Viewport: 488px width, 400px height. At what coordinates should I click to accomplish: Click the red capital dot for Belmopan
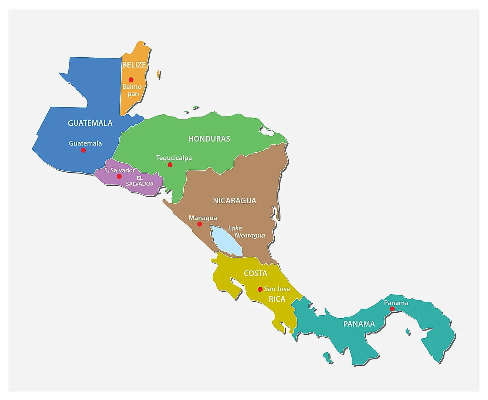point(131,79)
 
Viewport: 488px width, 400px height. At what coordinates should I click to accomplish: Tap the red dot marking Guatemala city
point(83,150)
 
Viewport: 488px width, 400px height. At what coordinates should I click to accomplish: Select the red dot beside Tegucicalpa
point(170,165)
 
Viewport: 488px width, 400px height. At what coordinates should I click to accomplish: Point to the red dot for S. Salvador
point(119,176)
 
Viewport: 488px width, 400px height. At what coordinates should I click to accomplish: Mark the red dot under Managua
point(200,224)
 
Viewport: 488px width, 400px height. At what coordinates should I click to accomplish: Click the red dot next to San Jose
point(260,289)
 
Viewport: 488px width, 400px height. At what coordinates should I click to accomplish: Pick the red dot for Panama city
point(392,309)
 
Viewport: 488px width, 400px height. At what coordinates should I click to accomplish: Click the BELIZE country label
point(134,65)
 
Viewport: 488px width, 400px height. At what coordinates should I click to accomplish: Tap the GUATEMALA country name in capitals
point(90,123)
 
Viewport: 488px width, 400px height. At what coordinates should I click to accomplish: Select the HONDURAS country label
point(209,139)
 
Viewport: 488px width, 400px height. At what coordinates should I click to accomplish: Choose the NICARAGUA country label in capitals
point(234,200)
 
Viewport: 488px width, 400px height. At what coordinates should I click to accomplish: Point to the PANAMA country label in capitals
point(359,324)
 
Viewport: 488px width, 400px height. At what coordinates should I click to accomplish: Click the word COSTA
point(255,273)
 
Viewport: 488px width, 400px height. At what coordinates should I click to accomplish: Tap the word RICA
point(277,299)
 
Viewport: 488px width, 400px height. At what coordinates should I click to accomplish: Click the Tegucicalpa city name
point(174,158)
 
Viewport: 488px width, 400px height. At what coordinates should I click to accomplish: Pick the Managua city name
point(203,218)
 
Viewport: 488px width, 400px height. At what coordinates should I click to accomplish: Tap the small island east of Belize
point(159,75)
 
